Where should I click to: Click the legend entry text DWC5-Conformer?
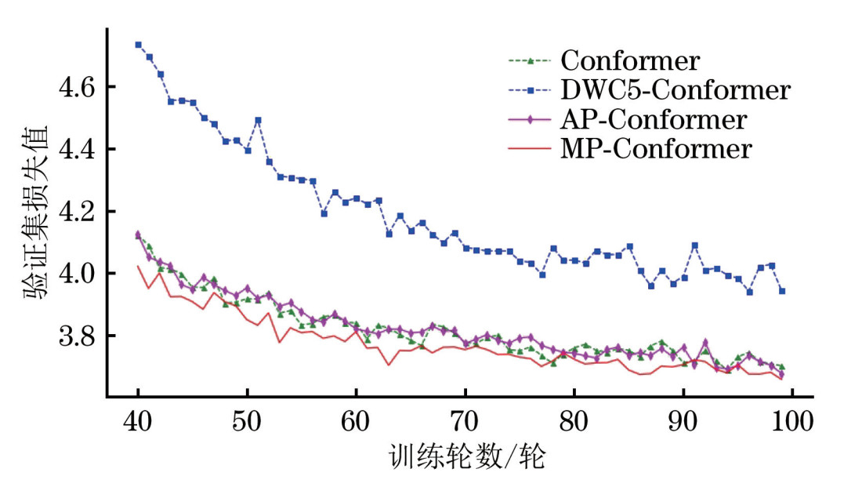point(675,90)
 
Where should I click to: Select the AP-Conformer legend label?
point(653,119)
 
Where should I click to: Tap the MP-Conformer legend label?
point(655,148)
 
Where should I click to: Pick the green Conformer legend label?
point(630,61)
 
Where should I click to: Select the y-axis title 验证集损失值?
point(35,212)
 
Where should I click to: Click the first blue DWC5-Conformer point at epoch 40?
point(138,45)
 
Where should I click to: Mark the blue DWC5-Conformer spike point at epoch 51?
point(258,120)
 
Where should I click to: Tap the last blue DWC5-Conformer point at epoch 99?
point(781,291)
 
